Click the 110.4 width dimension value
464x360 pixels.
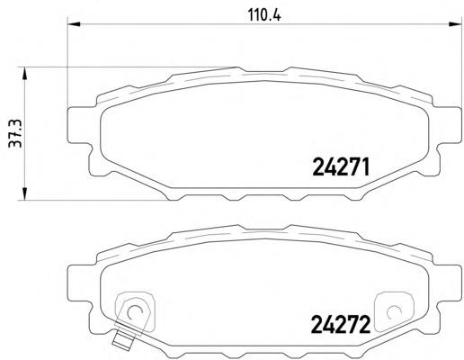pyautogui.click(x=264, y=15)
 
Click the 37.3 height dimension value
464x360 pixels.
pyautogui.click(x=15, y=133)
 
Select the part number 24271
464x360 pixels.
pyautogui.click(x=341, y=167)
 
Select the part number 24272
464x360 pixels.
pyautogui.click(x=341, y=325)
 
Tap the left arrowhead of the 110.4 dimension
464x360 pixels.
pyautogui.click(x=74, y=23)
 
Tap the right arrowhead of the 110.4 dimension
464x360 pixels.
pyautogui.click(x=455, y=23)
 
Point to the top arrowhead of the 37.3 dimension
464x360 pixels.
pyautogui.click(x=24, y=74)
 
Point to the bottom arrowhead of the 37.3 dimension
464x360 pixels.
pyautogui.click(x=24, y=193)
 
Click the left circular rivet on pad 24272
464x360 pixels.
pyautogui.click(x=134, y=312)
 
